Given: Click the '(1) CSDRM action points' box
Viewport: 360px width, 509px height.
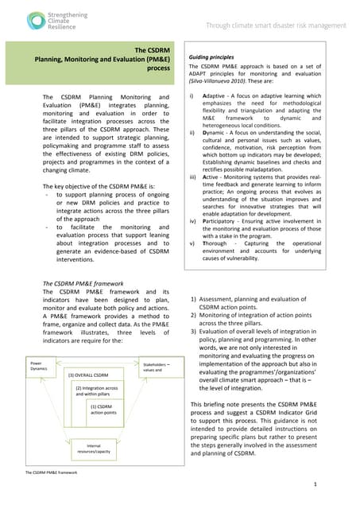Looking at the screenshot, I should click(103, 409).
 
